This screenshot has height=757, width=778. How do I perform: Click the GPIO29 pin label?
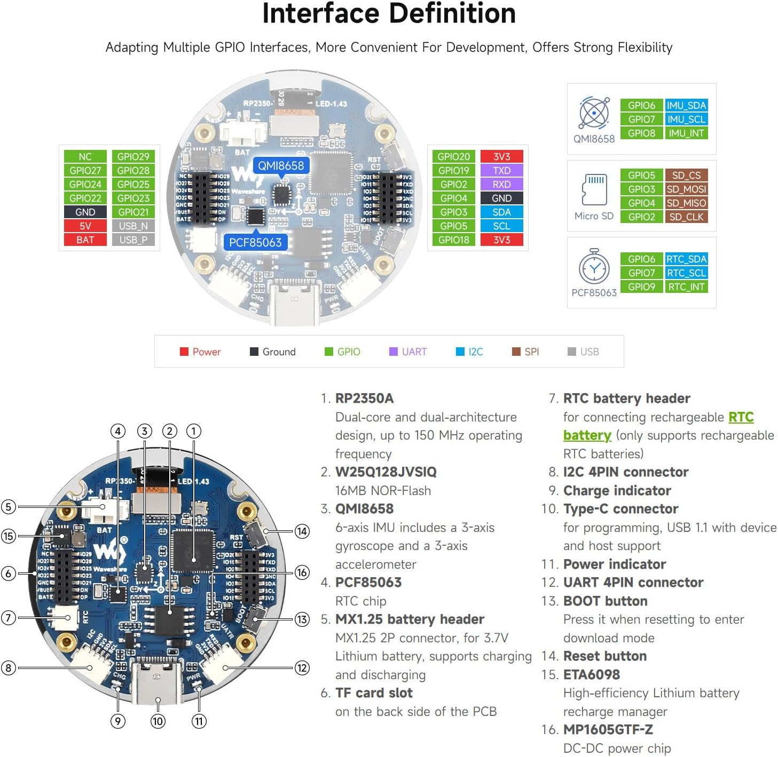tap(133, 156)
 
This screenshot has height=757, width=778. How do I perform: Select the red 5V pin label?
tap(85, 226)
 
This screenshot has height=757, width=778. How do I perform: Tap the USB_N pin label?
tap(133, 226)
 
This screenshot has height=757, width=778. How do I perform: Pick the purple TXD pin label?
tap(501, 170)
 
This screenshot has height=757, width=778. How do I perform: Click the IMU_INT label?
tap(686, 133)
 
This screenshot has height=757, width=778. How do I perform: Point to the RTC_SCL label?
tap(686, 273)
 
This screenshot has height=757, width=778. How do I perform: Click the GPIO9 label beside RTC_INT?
tap(641, 286)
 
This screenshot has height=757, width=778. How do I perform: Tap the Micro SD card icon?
tap(594, 189)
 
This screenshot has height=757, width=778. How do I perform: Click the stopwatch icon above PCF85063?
tap(594, 267)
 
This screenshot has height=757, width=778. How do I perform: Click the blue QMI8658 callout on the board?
tap(281, 165)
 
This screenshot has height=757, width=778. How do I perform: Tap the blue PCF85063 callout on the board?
tap(255, 242)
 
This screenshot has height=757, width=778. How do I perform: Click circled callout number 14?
tap(302, 531)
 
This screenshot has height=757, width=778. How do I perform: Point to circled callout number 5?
tap(9, 506)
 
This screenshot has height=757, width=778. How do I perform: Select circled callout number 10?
tap(158, 721)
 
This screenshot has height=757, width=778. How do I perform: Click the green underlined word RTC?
tap(741, 417)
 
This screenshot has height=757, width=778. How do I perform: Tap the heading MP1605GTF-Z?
tap(608, 729)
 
